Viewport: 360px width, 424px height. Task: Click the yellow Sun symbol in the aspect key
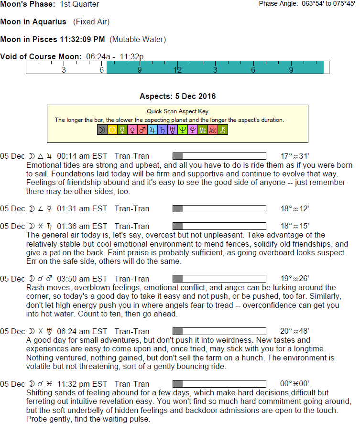coord(112,130)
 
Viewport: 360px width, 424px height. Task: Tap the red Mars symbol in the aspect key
coord(142,130)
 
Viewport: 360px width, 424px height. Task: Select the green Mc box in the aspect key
coord(202,130)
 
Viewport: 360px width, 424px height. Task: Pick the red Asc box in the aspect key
coord(212,130)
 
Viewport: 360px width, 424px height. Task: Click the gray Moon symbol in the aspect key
coord(102,130)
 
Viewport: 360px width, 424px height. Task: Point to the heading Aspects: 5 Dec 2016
coord(177,97)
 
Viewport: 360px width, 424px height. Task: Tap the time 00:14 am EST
coord(82,156)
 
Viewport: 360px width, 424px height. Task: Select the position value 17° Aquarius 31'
coord(295,156)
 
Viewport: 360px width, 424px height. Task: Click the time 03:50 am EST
coord(82,279)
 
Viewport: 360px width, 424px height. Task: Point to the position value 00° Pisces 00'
coord(295,384)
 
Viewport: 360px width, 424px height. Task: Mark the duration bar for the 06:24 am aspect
coord(219,331)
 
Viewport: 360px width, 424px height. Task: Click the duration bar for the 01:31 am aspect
coord(219,208)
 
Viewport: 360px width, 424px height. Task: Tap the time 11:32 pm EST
coord(82,384)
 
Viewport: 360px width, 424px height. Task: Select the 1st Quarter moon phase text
coord(79,4)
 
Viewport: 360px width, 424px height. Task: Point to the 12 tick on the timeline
coord(177,70)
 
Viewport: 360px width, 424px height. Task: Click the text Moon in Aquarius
coord(33,22)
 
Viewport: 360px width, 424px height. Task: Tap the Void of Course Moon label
coord(41,56)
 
